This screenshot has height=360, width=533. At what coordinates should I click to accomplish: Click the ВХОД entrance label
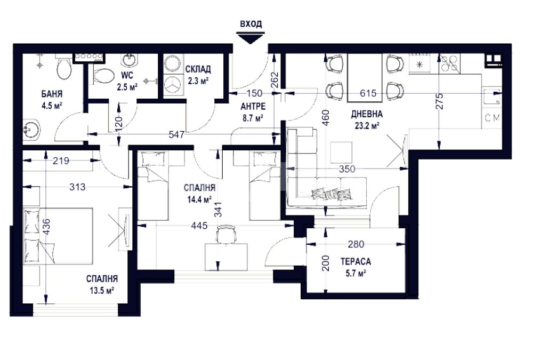click(251, 24)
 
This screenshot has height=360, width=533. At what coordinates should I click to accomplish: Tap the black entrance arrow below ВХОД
click(251, 38)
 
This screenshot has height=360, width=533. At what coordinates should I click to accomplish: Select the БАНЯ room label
click(52, 93)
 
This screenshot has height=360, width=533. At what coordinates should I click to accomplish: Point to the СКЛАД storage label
click(198, 69)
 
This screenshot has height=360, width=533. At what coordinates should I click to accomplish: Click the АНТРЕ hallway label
click(253, 107)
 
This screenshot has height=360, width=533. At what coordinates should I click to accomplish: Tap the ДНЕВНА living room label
click(367, 114)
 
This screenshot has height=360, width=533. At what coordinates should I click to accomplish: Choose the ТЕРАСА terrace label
click(356, 262)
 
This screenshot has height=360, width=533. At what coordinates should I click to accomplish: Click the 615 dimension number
click(368, 93)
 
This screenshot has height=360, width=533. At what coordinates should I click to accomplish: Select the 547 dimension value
click(177, 135)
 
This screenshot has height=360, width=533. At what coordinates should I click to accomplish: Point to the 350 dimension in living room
click(347, 169)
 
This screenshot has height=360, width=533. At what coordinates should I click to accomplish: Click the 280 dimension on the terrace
click(356, 244)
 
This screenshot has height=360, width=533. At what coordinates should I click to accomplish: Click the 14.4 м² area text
click(200, 199)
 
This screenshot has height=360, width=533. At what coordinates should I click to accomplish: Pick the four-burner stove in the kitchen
click(450, 63)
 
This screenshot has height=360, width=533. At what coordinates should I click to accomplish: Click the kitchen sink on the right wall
click(491, 97)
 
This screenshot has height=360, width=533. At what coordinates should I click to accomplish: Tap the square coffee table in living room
click(341, 152)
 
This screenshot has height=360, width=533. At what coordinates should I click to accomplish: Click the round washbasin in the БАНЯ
click(31, 130)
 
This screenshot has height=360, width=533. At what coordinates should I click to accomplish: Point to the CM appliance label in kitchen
click(492, 118)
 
